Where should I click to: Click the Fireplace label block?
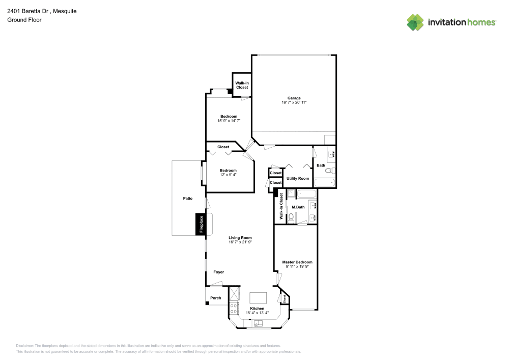[201, 225]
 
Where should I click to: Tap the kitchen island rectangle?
[258, 297]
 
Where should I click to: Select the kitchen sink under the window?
[258, 323]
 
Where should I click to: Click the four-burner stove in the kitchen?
[234, 308]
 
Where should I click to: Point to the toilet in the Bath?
[329, 171]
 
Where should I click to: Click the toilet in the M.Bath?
[291, 217]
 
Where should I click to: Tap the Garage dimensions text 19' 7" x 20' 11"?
[294, 102]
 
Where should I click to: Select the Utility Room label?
[298, 179]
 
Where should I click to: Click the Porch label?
[216, 298]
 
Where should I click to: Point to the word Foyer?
[218, 272]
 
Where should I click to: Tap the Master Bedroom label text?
[297, 262]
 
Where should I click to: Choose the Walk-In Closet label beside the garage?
[242, 85]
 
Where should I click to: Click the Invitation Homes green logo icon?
[415, 22]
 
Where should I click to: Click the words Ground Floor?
[24, 20]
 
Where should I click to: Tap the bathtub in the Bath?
[324, 182]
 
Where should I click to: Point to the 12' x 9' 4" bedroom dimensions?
[228, 175]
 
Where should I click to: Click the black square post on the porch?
[207, 303]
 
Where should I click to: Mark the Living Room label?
[240, 238]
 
